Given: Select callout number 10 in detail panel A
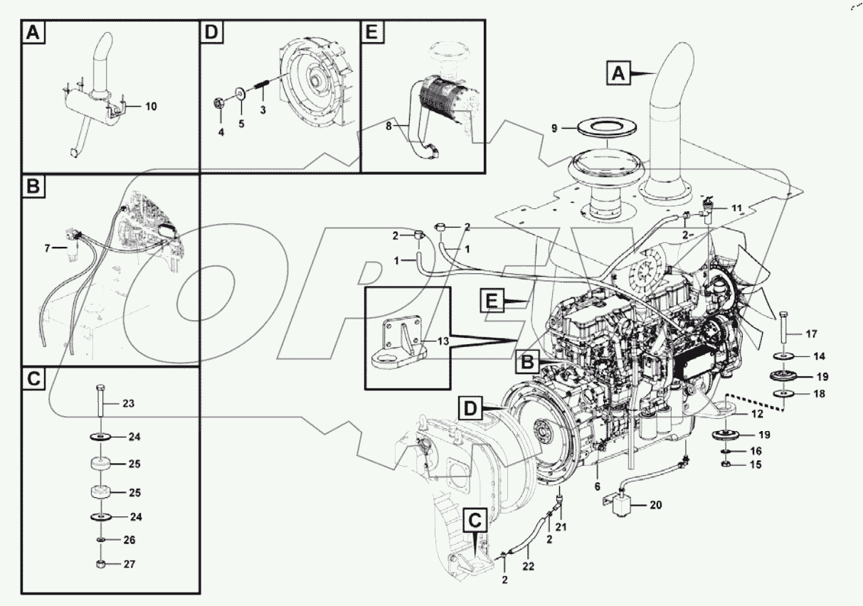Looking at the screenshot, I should point(151,107).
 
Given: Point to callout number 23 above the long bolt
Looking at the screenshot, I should point(128,403).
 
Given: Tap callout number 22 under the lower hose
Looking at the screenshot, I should point(528,566).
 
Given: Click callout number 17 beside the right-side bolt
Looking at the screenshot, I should point(811,333).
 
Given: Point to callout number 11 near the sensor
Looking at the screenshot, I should point(736,208).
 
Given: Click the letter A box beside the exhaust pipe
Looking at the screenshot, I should point(618,72).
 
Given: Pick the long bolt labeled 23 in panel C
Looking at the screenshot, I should point(99,403).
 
